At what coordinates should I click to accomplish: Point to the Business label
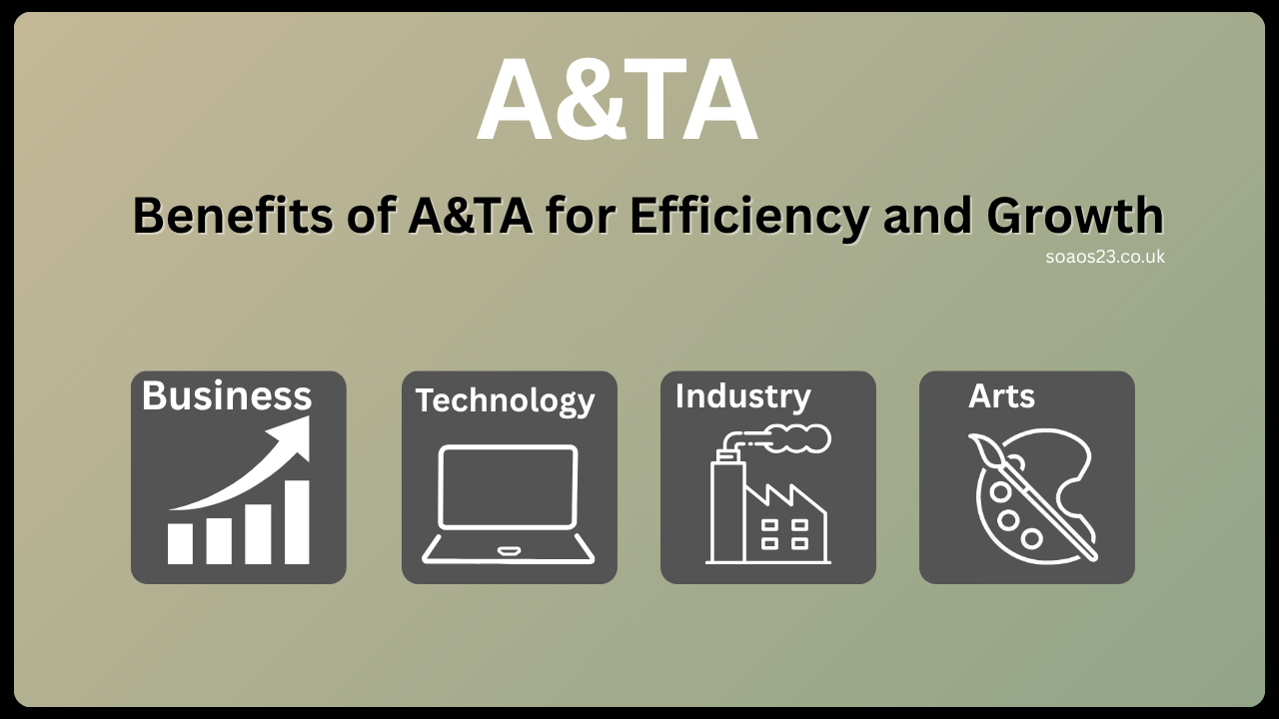click(x=227, y=395)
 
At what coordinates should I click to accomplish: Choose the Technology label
click(x=505, y=400)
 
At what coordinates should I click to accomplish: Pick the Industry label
click(x=742, y=395)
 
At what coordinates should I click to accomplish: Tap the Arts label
click(x=1001, y=396)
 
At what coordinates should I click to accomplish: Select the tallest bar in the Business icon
click(x=297, y=522)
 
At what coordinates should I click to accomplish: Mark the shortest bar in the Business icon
click(x=181, y=543)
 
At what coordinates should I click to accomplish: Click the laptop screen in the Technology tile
click(x=509, y=487)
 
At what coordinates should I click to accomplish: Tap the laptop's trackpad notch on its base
click(x=509, y=550)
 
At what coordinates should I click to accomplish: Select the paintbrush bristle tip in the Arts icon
click(x=983, y=450)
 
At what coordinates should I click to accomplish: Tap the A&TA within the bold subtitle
click(x=470, y=216)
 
